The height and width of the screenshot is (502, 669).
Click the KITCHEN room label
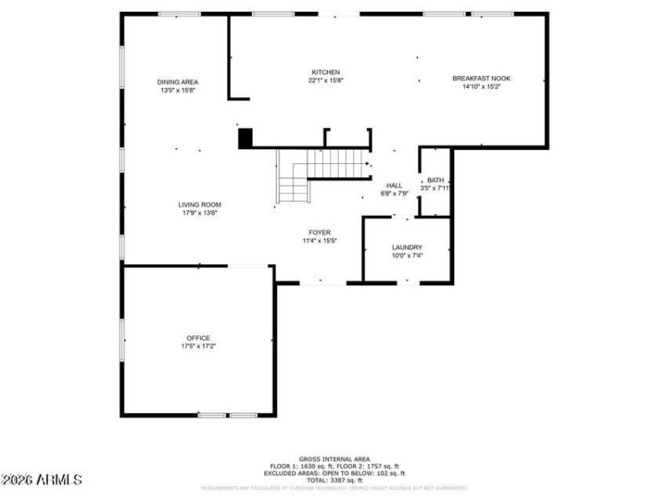tap(326, 72)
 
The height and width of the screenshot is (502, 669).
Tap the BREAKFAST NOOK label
tap(481, 78)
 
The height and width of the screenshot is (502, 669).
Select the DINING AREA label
tap(177, 82)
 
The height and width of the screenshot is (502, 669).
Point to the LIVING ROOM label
tap(199, 204)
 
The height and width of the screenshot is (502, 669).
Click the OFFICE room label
tap(198, 338)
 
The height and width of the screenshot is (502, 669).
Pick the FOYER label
tap(319, 232)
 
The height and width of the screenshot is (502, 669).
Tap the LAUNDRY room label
tap(407, 247)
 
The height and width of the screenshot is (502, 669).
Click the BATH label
tap(436, 180)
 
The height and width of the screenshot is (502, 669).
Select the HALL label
tap(394, 185)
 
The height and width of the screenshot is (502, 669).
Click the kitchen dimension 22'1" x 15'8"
tap(326, 80)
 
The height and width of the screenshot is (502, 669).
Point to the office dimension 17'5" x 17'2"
tap(198, 346)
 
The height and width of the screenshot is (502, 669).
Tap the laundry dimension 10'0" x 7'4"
tap(407, 255)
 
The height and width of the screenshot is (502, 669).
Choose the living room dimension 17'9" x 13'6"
tap(199, 213)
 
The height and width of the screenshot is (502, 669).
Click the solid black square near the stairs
tap(245, 138)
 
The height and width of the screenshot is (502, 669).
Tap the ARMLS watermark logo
tap(42, 479)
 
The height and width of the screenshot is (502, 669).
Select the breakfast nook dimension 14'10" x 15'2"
tap(481, 86)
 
